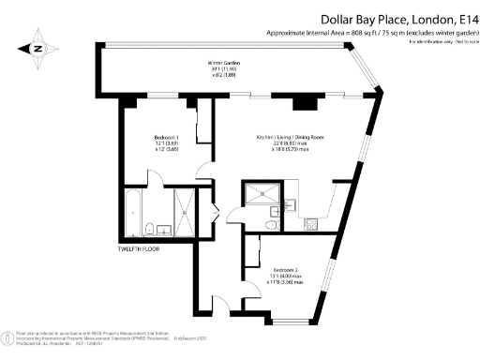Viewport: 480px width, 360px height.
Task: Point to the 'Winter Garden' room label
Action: click(223, 64)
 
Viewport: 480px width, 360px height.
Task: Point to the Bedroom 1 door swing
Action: click(204, 171)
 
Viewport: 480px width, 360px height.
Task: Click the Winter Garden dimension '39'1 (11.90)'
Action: click(223, 70)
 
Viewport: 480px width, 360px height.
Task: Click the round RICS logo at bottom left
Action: click(8, 335)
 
